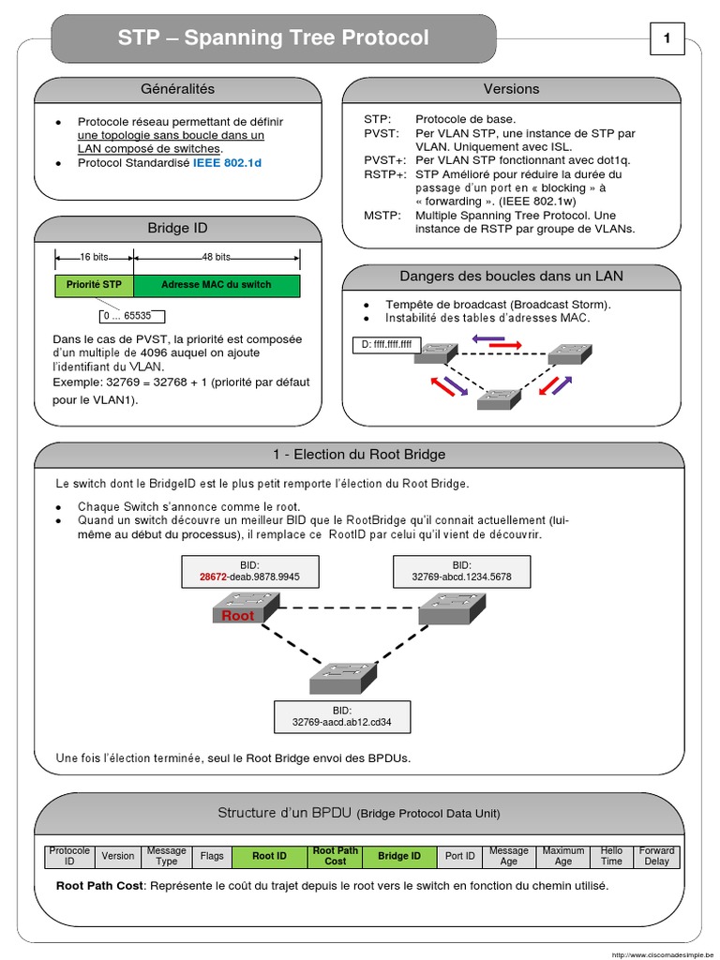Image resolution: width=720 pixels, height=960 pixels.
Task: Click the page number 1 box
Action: (667, 38)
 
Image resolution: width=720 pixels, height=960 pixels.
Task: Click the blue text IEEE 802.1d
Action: (228, 163)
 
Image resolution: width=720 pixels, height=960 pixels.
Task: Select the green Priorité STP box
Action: (94, 285)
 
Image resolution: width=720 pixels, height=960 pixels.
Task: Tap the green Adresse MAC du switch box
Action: (217, 285)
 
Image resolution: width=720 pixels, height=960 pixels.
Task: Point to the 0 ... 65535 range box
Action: (131, 317)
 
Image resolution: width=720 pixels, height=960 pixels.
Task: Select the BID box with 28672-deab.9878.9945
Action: (249, 572)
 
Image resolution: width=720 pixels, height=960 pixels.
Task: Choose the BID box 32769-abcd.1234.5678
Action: (461, 572)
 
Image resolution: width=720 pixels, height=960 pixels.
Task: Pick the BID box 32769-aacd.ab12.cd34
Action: (341, 716)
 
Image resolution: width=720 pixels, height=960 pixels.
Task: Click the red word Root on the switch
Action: (237, 616)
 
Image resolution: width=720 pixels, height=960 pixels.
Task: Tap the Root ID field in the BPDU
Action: (269, 856)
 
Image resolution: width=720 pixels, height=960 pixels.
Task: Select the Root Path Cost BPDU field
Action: (335, 856)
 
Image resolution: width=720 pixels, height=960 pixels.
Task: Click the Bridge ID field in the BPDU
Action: (399, 856)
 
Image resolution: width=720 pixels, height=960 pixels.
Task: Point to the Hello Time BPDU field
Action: (611, 856)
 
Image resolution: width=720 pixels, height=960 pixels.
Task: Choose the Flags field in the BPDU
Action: (212, 856)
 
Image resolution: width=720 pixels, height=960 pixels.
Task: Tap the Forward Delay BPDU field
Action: (657, 856)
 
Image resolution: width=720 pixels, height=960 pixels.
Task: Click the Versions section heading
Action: (511, 89)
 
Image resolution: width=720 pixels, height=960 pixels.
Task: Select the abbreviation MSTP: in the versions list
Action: (382, 216)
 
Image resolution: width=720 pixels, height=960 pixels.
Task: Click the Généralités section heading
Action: (177, 89)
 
